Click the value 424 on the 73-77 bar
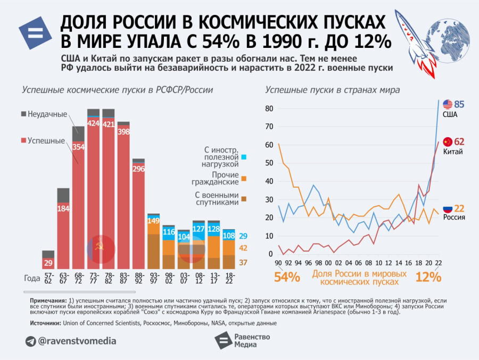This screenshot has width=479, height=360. click(x=93, y=123)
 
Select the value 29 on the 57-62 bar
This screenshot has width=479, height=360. click(x=48, y=263)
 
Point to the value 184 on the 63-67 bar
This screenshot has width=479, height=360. click(x=63, y=208)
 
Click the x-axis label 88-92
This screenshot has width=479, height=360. click(x=138, y=278)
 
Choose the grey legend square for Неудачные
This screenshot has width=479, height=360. click(x=23, y=114)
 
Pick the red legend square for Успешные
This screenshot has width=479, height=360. click(x=23, y=140)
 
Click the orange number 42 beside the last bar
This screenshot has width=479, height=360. click(x=243, y=248)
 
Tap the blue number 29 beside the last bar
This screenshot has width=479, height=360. click(x=243, y=236)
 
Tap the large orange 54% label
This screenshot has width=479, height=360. click(x=287, y=277)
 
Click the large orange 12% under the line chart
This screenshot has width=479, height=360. click(x=428, y=277)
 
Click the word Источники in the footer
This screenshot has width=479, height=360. click(x=45, y=323)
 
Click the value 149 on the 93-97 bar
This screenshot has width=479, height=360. click(x=154, y=221)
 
